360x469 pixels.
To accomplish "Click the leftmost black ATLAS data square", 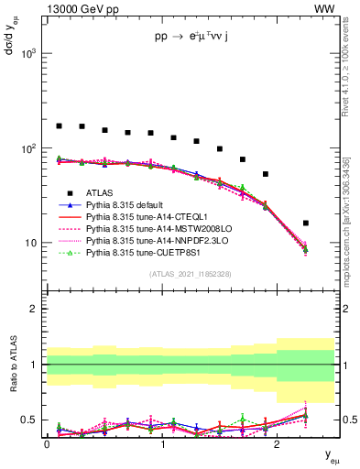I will coord(60,125).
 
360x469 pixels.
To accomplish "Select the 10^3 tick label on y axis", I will coord(29,54).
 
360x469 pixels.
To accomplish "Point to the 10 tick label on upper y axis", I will coord(33,244).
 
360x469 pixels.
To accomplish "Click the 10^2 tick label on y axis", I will coord(29,148).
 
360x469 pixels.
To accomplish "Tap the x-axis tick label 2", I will coord(278,443).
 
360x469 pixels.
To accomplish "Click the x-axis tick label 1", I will coord(162,443).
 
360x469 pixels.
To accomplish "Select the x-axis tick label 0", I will coord(47,443).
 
